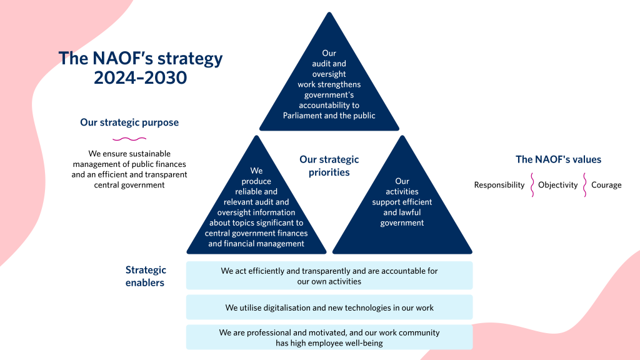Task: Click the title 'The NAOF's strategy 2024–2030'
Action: point(141,67)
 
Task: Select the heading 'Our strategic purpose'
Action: point(129,122)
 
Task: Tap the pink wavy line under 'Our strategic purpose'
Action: point(129,139)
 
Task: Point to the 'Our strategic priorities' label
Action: point(329,166)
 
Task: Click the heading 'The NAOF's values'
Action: point(558,159)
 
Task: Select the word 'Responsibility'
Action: point(499,185)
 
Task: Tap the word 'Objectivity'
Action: point(558,185)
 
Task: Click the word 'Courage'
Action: point(606,185)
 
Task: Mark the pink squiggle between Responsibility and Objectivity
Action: point(532,185)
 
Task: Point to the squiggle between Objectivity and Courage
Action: point(585,185)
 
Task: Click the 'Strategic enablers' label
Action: point(146,276)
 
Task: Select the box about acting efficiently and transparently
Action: point(329,276)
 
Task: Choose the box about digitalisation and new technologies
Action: point(329,307)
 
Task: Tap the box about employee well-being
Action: point(329,337)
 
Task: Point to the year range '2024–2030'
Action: point(141,77)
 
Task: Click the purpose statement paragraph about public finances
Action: point(129,169)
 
